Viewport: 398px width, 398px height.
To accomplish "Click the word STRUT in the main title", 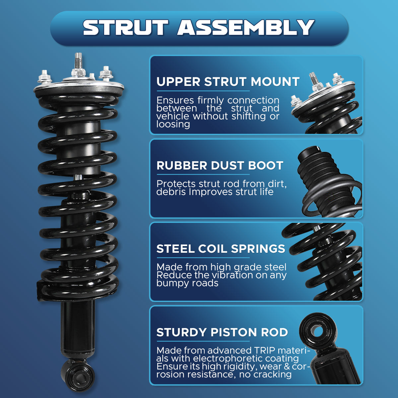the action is [x=126, y=28].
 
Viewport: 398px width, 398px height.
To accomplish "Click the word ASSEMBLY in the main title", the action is [x=246, y=28].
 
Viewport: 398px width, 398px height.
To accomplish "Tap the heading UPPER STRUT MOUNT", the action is [x=228, y=82].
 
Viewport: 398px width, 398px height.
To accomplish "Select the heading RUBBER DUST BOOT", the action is [x=220, y=166].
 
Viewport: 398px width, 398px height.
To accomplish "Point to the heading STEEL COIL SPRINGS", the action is [x=221, y=249].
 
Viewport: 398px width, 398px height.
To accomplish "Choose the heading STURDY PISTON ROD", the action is [x=222, y=332].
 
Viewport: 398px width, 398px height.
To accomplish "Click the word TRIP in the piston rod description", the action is [x=265, y=350].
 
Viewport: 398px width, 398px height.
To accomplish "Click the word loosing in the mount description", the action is [x=173, y=125].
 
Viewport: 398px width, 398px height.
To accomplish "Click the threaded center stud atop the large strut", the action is [x=78, y=61].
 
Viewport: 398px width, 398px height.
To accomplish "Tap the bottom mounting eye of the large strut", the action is [x=78, y=377].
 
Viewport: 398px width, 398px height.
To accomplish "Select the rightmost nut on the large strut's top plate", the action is [x=106, y=73].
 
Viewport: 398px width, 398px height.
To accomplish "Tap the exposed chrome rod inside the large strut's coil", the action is [x=78, y=177].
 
